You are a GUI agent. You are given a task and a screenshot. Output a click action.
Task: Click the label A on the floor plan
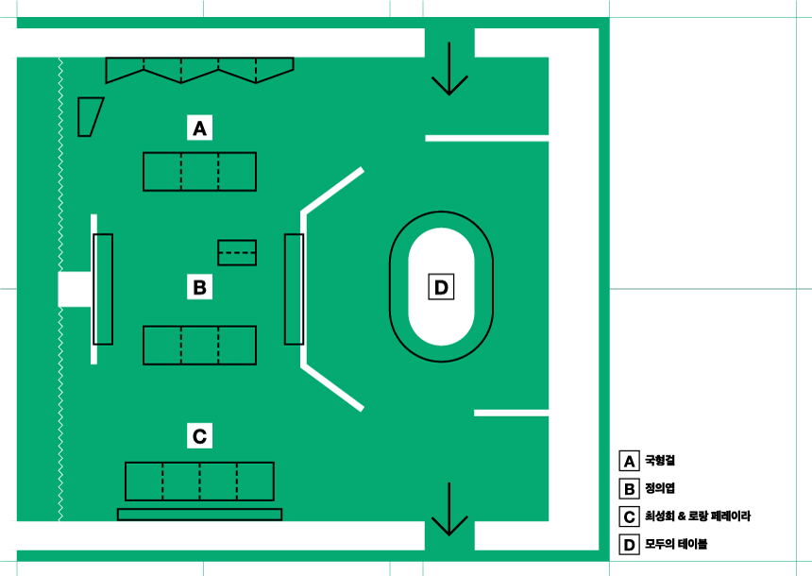[199, 127]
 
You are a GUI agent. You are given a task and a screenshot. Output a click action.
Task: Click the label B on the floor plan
[199, 286]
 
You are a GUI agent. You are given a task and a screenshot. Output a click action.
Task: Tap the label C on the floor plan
[199, 436]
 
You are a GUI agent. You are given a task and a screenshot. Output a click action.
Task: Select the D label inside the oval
[441, 286]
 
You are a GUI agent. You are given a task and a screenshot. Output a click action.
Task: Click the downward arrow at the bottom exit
[449, 510]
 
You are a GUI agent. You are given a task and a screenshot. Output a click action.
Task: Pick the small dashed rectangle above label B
[237, 253]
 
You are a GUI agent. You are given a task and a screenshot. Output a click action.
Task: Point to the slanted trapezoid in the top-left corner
[90, 116]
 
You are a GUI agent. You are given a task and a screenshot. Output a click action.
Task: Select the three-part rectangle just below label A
[199, 172]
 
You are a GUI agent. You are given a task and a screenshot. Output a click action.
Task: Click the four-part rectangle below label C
[199, 482]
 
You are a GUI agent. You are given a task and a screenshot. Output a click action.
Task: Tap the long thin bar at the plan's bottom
[199, 515]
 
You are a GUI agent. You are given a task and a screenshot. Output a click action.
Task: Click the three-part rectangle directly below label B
[199, 345]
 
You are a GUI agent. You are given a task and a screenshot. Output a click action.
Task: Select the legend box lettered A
[629, 462]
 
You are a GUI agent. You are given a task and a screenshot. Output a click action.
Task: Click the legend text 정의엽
[660, 489]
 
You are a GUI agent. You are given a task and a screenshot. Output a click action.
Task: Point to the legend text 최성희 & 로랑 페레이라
[698, 517]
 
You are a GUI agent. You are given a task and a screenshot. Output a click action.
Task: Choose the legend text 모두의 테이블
[676, 544]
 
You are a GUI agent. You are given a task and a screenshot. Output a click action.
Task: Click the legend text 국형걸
[660, 462]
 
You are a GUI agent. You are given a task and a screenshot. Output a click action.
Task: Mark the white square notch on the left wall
[74, 289]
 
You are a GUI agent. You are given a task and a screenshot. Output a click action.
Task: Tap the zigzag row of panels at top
[199, 69]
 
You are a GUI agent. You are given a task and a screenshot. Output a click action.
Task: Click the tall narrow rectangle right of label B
[294, 289]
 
